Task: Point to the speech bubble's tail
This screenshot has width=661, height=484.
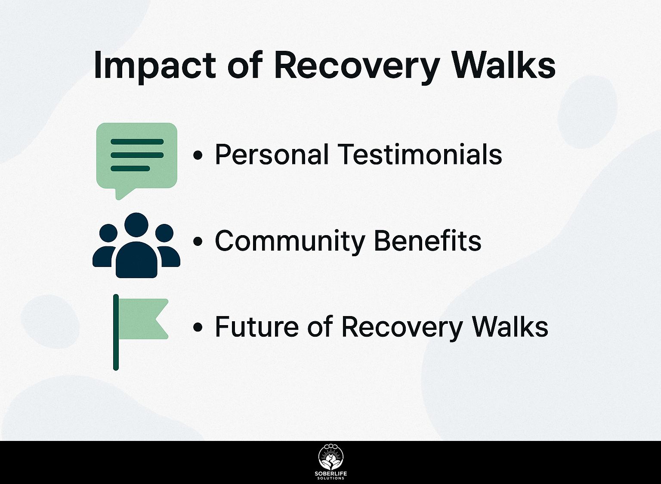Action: tap(123, 193)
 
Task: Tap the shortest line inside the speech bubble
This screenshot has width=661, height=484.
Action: tap(130, 169)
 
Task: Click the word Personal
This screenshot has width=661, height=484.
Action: tap(272, 154)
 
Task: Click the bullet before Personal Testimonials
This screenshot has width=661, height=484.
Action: tap(198, 155)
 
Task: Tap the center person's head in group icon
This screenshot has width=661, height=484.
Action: tap(136, 225)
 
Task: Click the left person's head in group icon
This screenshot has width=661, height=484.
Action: tap(108, 233)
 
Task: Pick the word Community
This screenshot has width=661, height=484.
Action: tap(290, 241)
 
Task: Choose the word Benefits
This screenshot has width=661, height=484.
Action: tap(428, 240)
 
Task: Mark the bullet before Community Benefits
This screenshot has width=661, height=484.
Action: tap(198, 241)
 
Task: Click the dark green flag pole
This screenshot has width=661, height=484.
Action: tap(116, 332)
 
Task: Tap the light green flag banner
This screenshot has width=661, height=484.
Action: tap(143, 319)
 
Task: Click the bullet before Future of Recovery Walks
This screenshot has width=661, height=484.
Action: tap(198, 327)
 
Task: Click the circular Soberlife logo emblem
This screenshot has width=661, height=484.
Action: tap(331, 457)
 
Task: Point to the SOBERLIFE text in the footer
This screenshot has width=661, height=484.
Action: tap(331, 474)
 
